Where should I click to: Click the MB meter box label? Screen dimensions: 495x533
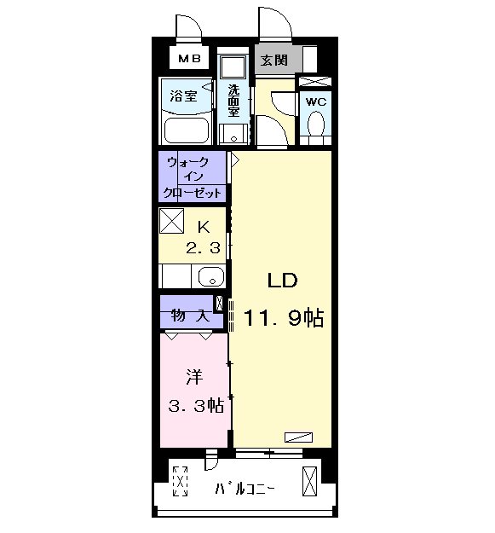coord(189,59)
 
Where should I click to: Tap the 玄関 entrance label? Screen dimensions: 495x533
coord(274,61)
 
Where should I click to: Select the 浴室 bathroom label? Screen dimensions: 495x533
coord(183,96)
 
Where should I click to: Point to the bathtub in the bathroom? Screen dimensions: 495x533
coord(186,130)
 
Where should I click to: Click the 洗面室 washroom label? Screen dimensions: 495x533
coord(233,101)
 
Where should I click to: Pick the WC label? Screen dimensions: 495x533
coord(316,101)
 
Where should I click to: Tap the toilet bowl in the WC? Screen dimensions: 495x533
coord(316,124)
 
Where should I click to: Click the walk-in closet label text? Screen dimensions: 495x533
coord(193,177)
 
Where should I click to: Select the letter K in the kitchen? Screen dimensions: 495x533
coord(204,227)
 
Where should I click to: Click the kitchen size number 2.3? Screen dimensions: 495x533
coord(203,248)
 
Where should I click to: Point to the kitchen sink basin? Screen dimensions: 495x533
coord(210,276)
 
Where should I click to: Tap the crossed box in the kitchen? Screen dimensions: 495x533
coord(171,221)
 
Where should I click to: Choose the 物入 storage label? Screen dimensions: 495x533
coord(190,316)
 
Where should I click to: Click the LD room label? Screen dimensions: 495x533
coord(283,281)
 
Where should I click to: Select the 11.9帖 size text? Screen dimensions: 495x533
coord(284,318)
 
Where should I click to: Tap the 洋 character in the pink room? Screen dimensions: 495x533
coord(194,377)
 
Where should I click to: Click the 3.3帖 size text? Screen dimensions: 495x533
coord(196,406)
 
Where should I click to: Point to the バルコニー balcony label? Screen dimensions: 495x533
coord(245,489)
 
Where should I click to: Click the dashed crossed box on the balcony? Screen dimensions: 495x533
coord(181,481)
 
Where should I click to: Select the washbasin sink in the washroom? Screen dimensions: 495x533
coord(233,135)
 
